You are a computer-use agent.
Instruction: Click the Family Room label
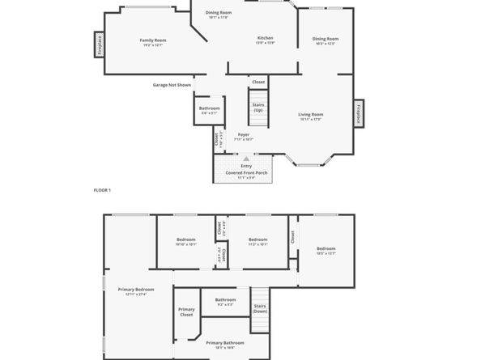tap(152, 40)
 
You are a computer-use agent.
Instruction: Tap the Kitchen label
tap(265, 38)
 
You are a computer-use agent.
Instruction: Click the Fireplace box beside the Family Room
tap(99, 44)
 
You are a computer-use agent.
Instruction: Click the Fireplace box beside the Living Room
tap(359, 112)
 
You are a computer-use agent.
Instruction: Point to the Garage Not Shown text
tap(172, 85)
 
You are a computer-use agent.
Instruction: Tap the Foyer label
tap(243, 134)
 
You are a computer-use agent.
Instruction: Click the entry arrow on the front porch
tap(246, 159)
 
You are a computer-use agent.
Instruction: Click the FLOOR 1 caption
tap(102, 189)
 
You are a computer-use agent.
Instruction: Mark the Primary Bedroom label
tap(135, 289)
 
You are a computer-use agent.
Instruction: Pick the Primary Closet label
tap(186, 311)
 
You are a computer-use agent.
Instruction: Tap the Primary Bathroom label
tap(224, 342)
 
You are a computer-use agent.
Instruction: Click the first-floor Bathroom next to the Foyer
tap(210, 108)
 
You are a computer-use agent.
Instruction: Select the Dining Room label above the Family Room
tap(218, 13)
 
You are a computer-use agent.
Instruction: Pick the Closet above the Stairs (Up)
tap(258, 82)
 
